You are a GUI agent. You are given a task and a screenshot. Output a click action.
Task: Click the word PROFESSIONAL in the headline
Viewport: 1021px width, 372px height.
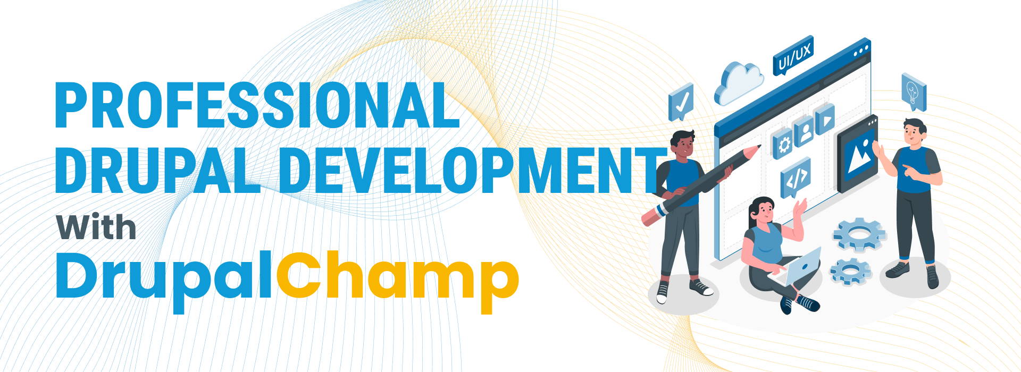(x=257, y=105)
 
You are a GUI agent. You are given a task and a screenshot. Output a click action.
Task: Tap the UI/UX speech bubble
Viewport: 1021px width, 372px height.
(x=793, y=57)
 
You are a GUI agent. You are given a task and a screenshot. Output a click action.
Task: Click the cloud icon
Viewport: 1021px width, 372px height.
(x=738, y=83)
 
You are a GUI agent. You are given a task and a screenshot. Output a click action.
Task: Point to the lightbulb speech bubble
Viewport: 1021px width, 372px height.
(x=914, y=91)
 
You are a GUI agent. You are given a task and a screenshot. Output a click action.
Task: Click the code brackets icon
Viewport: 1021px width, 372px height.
(x=796, y=177)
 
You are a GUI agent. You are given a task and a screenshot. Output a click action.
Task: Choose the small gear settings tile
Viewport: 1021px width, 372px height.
(x=781, y=144)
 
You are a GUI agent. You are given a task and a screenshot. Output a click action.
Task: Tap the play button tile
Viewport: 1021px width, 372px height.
(x=824, y=120)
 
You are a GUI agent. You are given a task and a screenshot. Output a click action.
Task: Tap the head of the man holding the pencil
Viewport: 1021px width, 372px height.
(x=682, y=143)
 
